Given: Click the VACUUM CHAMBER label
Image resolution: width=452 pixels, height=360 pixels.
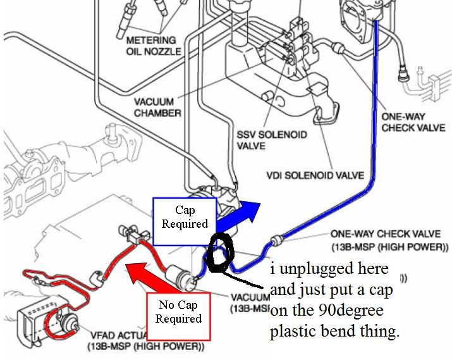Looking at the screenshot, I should (x=159, y=108).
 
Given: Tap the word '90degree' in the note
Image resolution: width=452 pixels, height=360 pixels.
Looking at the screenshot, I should (x=359, y=311).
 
